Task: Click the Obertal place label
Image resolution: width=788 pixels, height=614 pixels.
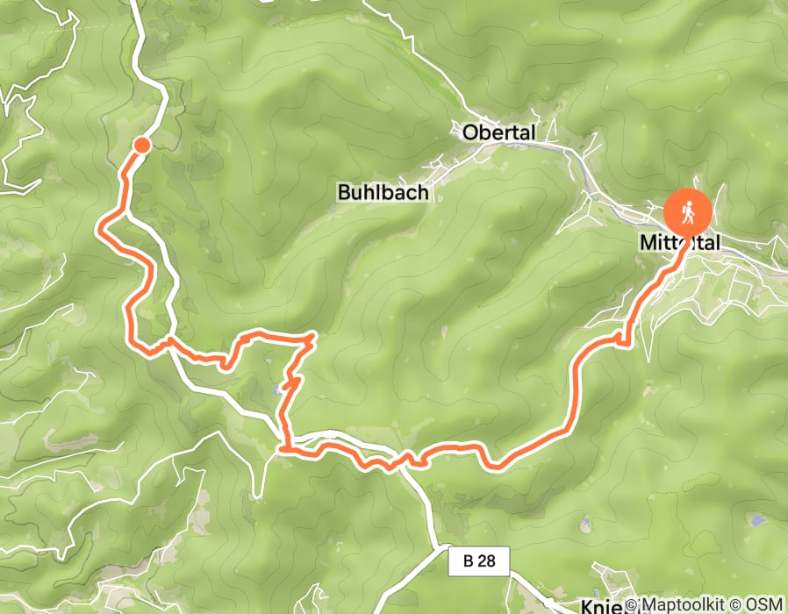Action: [x=498, y=132]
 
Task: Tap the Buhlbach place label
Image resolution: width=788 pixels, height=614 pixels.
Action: [x=383, y=192]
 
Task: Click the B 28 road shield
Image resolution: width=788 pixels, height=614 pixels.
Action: [x=479, y=562]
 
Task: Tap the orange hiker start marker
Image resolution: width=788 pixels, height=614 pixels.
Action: [x=689, y=211]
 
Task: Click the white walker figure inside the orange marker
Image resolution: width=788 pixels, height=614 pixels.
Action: [x=689, y=211]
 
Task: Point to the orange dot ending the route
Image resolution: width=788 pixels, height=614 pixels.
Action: [x=141, y=146]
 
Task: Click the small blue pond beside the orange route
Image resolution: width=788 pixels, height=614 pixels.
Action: [x=277, y=388]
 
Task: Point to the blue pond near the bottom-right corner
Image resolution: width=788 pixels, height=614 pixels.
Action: [x=756, y=520]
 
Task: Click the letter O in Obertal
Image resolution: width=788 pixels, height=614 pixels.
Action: [x=470, y=132]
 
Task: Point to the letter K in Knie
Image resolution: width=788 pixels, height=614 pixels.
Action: [x=589, y=605]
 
